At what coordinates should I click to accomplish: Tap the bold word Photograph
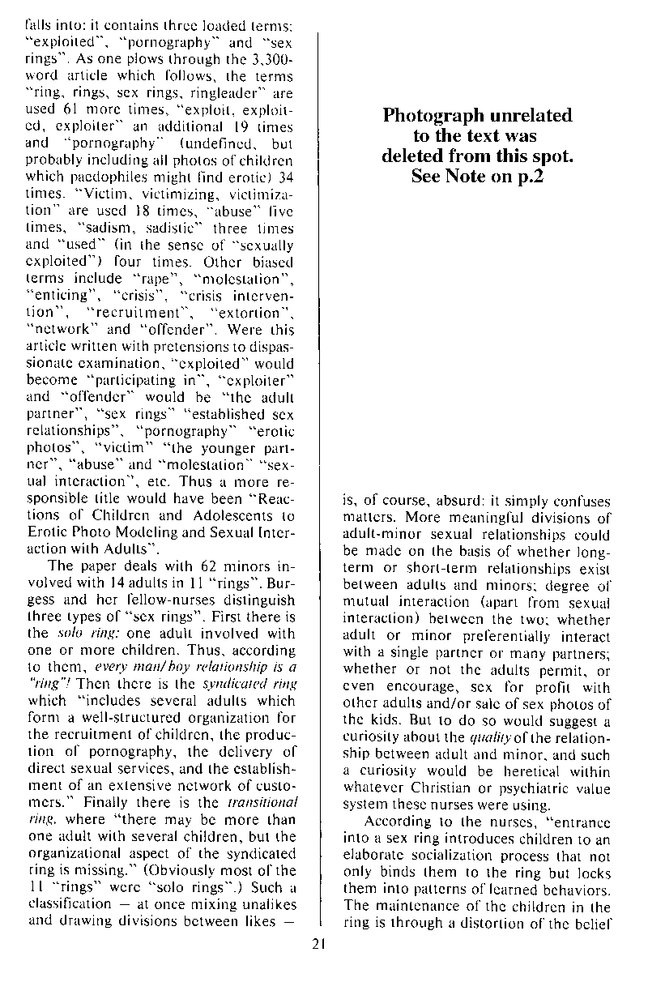pos(430,116)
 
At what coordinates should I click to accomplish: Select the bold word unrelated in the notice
pos(527,116)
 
